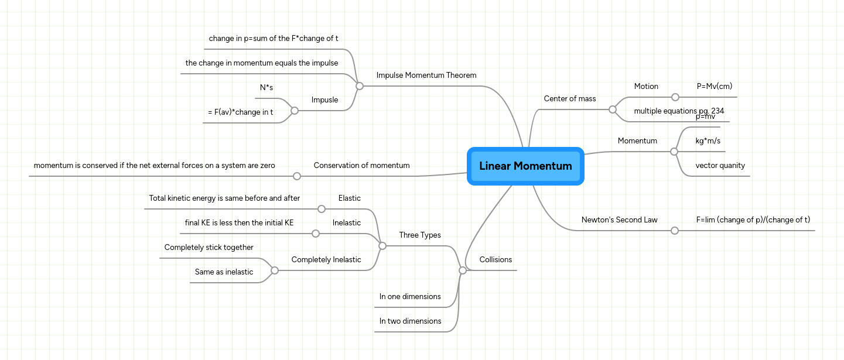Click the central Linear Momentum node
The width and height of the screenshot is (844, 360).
[x=525, y=166]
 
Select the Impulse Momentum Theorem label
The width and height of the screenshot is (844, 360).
[x=426, y=76]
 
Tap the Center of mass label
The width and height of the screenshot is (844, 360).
[x=569, y=99]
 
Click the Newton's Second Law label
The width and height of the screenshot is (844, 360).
[x=619, y=220]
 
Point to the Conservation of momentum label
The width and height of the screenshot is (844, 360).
[x=361, y=166]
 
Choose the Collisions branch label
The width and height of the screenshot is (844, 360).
[x=496, y=260]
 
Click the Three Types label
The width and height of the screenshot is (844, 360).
[x=419, y=235]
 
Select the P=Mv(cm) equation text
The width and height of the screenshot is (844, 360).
[x=714, y=87]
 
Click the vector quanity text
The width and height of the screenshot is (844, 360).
[x=720, y=166]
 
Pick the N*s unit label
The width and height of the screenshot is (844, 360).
[x=266, y=88]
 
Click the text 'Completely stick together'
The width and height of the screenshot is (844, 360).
[x=209, y=248]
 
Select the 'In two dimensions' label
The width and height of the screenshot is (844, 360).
[x=410, y=321]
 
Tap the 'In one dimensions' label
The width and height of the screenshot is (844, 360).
[x=410, y=297]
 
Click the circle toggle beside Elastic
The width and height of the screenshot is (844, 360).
[x=321, y=209]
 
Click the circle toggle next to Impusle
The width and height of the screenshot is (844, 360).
[x=295, y=111]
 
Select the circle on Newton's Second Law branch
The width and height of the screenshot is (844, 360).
[x=674, y=231]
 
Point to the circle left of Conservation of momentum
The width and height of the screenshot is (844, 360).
[x=297, y=176]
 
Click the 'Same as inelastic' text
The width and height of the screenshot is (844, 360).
[x=224, y=272]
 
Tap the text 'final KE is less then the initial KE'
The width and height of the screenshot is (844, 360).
[x=239, y=223]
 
